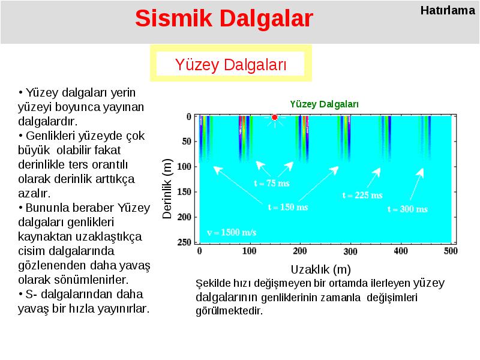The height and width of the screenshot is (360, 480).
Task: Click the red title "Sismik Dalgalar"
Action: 224,19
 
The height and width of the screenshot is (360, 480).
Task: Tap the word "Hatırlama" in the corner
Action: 448,10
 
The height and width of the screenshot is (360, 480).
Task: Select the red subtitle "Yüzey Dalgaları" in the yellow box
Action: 231,65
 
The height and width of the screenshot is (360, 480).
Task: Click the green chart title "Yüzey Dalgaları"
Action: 324,104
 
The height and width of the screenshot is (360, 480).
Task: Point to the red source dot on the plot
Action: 275,117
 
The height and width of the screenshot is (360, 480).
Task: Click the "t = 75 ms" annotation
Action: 272,183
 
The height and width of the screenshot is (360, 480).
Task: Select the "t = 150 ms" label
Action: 288,207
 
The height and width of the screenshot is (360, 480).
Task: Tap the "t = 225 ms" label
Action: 362,195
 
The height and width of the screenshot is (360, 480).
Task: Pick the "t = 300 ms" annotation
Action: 407,209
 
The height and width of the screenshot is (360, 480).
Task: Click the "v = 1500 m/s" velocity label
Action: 232,232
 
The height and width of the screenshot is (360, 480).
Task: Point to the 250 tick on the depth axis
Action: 184,242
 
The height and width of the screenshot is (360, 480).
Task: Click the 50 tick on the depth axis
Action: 187,142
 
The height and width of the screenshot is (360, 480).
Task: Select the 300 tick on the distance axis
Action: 350,251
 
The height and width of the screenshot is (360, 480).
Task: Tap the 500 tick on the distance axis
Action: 451,251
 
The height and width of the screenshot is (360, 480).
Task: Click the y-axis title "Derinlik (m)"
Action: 167,188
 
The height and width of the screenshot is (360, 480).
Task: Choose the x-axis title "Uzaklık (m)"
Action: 321,269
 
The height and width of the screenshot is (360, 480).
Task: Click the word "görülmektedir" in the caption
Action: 229,311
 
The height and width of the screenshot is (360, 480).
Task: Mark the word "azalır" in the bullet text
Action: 33,193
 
